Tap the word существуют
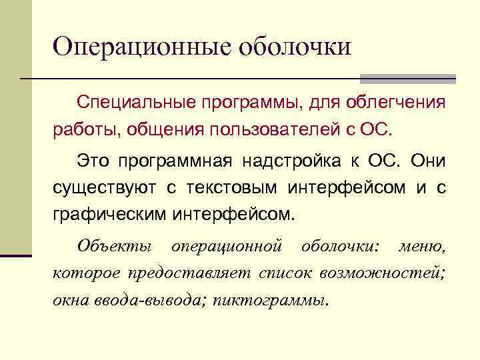(104, 189)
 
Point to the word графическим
(109, 215)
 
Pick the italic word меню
(423, 246)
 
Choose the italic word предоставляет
(193, 273)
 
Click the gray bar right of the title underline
(408, 79)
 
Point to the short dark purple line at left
(16, 255)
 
